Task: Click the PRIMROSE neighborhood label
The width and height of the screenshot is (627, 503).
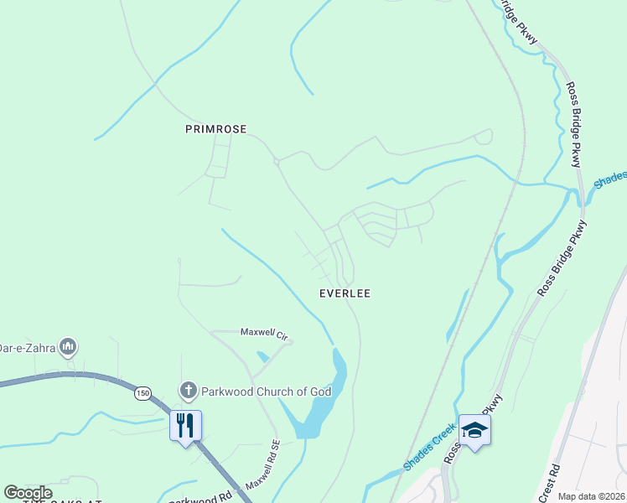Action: click(x=215, y=129)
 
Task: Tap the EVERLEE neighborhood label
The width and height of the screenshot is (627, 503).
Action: click(x=345, y=293)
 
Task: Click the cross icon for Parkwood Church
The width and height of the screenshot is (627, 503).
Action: click(x=188, y=391)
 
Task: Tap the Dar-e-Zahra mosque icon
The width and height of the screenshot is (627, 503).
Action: click(x=69, y=346)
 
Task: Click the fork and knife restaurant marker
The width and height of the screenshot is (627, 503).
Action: click(x=184, y=425)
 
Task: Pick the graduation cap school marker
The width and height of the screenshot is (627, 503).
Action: click(x=474, y=430)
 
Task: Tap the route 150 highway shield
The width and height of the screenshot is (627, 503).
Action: click(x=144, y=392)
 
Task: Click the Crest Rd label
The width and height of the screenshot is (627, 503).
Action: click(x=556, y=479)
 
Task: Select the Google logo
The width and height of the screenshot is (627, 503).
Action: click(x=28, y=493)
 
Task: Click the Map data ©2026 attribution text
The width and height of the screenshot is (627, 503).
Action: click(x=592, y=496)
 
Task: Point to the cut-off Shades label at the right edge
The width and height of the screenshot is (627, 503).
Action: click(x=609, y=179)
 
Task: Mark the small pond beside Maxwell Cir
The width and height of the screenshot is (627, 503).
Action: click(x=262, y=356)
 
